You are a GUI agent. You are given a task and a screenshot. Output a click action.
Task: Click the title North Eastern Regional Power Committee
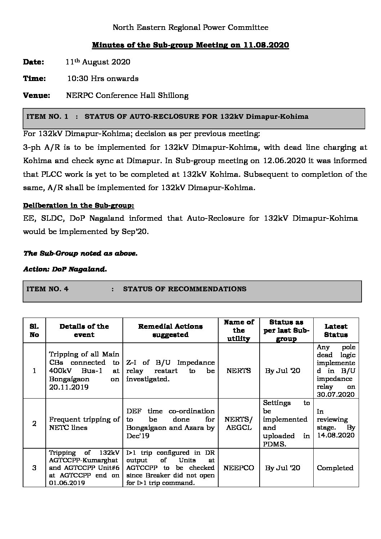click(190, 27)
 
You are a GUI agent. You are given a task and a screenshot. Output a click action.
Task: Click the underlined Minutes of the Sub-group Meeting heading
click(190, 45)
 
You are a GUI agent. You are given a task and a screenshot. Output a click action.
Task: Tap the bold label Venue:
click(36, 95)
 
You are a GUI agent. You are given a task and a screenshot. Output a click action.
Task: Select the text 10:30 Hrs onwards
click(103, 78)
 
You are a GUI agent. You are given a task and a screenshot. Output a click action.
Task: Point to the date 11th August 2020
click(98, 62)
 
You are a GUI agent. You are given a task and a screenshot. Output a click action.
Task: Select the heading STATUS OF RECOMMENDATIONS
click(185, 289)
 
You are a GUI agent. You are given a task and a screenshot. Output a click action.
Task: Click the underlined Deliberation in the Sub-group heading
click(79, 206)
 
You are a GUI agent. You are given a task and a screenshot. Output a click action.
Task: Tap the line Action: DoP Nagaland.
click(65, 269)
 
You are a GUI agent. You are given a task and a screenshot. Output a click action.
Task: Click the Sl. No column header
click(34, 330)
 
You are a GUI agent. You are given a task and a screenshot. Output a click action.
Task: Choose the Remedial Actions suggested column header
click(170, 330)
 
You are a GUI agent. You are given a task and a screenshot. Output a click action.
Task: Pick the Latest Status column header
click(336, 330)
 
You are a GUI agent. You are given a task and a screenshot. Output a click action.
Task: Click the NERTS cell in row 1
click(239, 371)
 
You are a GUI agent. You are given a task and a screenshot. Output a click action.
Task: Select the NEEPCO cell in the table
click(239, 468)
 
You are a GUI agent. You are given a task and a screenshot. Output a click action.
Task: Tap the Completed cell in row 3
click(335, 468)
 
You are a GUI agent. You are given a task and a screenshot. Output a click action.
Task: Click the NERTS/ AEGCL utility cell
click(239, 423)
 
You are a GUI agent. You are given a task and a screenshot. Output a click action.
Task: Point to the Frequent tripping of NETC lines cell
click(84, 423)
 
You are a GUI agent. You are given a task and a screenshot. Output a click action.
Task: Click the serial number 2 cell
click(34, 423)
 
